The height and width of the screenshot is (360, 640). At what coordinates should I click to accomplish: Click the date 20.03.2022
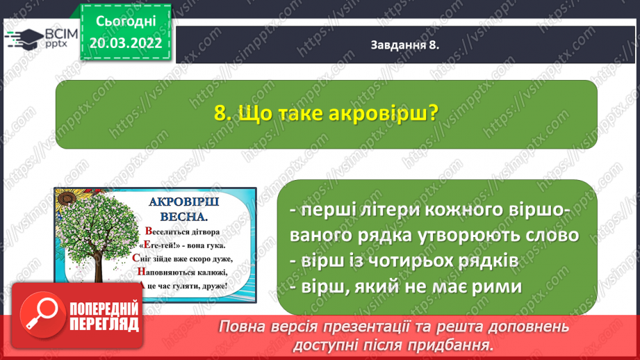[126, 43]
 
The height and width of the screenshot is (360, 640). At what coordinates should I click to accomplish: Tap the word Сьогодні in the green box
[126, 22]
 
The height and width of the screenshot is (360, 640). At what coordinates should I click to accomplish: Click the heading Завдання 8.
[404, 45]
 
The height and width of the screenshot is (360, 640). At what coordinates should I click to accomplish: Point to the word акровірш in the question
[378, 113]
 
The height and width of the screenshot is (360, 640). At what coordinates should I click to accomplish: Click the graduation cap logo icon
[24, 39]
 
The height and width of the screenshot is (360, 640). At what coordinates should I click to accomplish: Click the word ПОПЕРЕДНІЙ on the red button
[104, 309]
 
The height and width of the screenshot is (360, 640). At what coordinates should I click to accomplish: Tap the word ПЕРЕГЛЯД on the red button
[104, 325]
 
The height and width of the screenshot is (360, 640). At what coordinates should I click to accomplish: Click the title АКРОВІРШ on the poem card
[184, 202]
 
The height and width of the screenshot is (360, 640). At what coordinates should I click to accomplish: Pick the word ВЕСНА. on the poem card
[184, 216]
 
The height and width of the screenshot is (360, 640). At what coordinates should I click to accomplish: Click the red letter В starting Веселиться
[149, 231]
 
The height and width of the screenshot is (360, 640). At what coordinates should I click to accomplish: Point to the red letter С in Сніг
[136, 258]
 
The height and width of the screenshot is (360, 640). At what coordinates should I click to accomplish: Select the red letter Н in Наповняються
[141, 272]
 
